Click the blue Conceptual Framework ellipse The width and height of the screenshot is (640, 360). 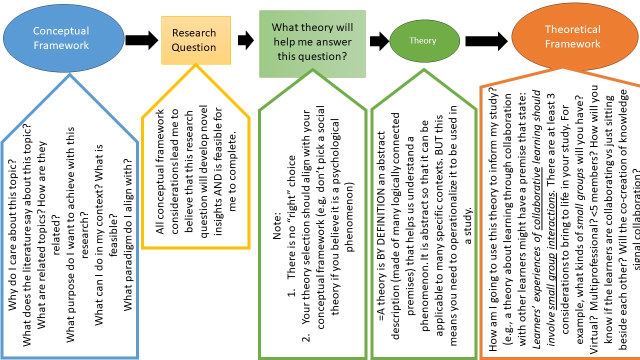[63, 38]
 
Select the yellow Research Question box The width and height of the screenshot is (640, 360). [196, 40]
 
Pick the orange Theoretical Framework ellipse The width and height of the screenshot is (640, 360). [572, 37]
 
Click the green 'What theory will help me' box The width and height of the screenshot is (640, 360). [312, 42]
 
